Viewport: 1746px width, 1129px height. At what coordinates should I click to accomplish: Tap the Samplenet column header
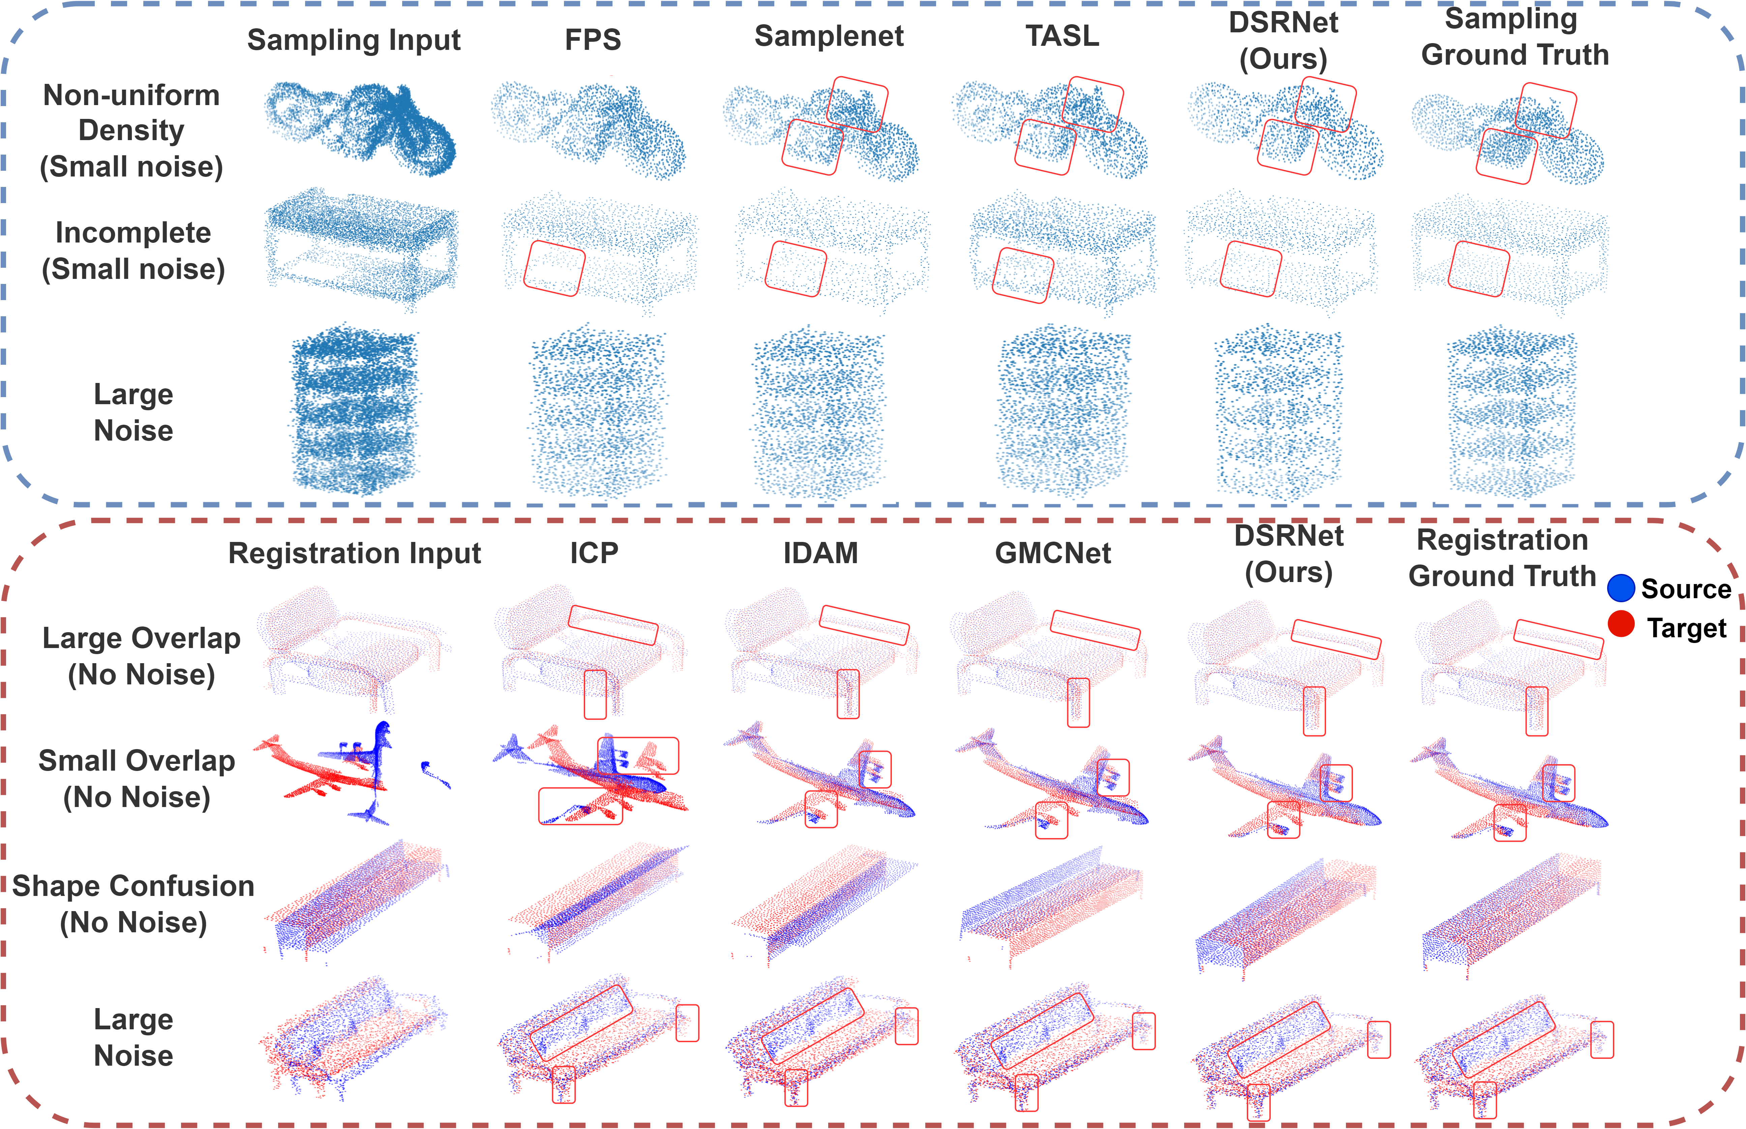pos(829,36)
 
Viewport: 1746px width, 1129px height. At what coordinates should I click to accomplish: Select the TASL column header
pos(1062,36)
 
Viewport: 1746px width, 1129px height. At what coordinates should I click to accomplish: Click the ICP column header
pos(594,553)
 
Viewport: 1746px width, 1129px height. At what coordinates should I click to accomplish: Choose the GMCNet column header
pos(1053,553)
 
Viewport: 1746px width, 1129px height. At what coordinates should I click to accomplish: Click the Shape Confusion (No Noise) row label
pos(133,904)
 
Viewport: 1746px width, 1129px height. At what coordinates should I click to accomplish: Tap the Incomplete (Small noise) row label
pos(133,251)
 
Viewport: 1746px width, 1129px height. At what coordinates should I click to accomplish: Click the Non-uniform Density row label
pos(131,130)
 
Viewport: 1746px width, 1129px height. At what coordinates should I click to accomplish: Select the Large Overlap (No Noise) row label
pos(142,656)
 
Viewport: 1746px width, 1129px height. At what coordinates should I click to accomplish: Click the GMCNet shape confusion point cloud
pos(1051,905)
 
